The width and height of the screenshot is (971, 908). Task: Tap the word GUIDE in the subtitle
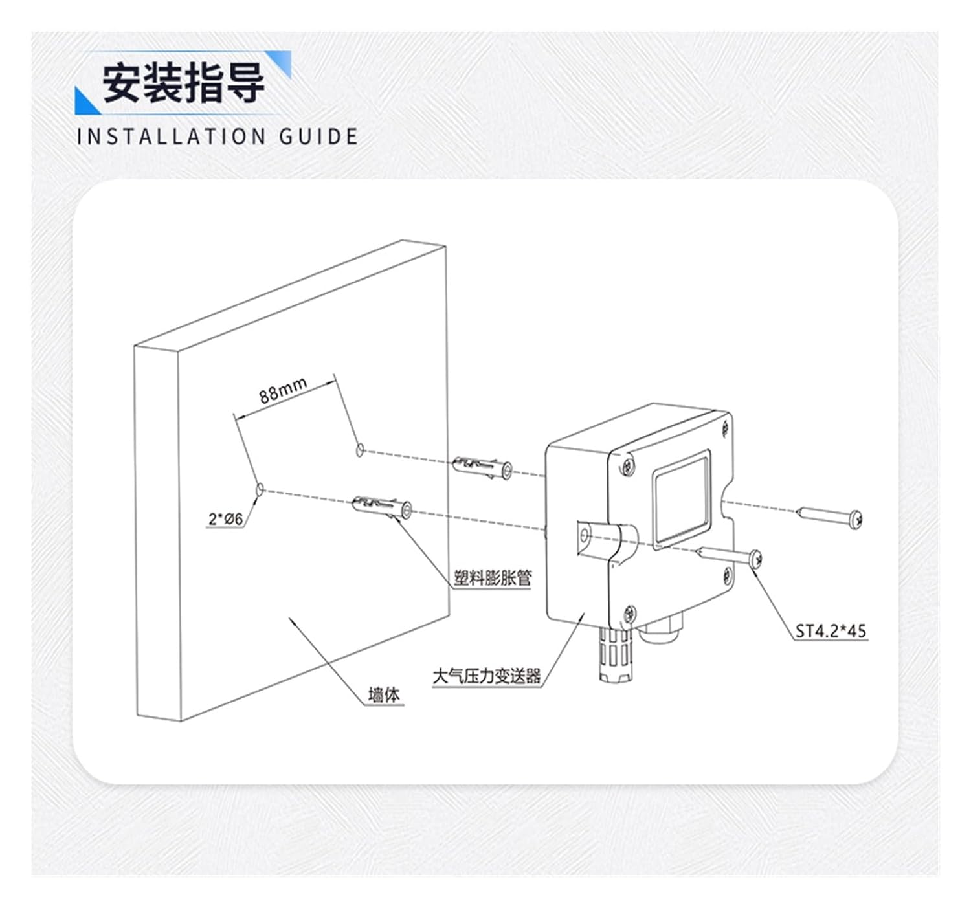318,137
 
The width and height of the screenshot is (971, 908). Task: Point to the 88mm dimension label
283,390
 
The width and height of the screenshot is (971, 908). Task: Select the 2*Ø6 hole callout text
225,519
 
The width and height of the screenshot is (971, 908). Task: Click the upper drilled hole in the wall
360,450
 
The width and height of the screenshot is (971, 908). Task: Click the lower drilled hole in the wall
260,489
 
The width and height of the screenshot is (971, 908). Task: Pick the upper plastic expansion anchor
483,467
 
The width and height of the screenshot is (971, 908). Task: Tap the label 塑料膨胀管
493,578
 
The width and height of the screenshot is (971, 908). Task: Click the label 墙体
384,695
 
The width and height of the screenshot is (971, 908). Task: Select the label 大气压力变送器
486,676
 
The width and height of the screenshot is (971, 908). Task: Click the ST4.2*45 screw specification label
831,630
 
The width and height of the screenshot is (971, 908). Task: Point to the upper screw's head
856,518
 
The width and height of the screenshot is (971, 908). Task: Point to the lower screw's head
755,558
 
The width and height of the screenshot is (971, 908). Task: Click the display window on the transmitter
681,499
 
